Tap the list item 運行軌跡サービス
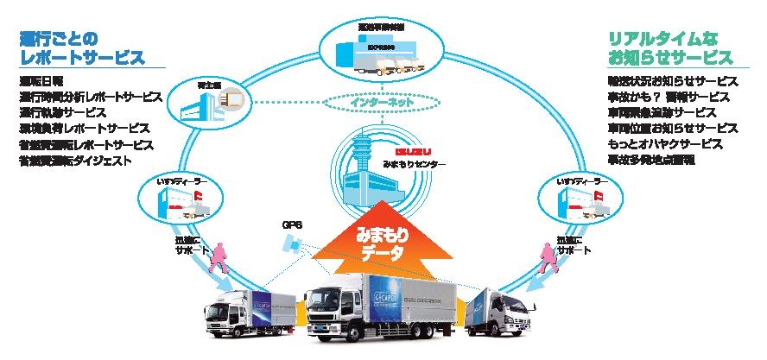pyautogui.click(x=62, y=112)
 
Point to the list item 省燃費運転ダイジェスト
pyautogui.click(x=75, y=161)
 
